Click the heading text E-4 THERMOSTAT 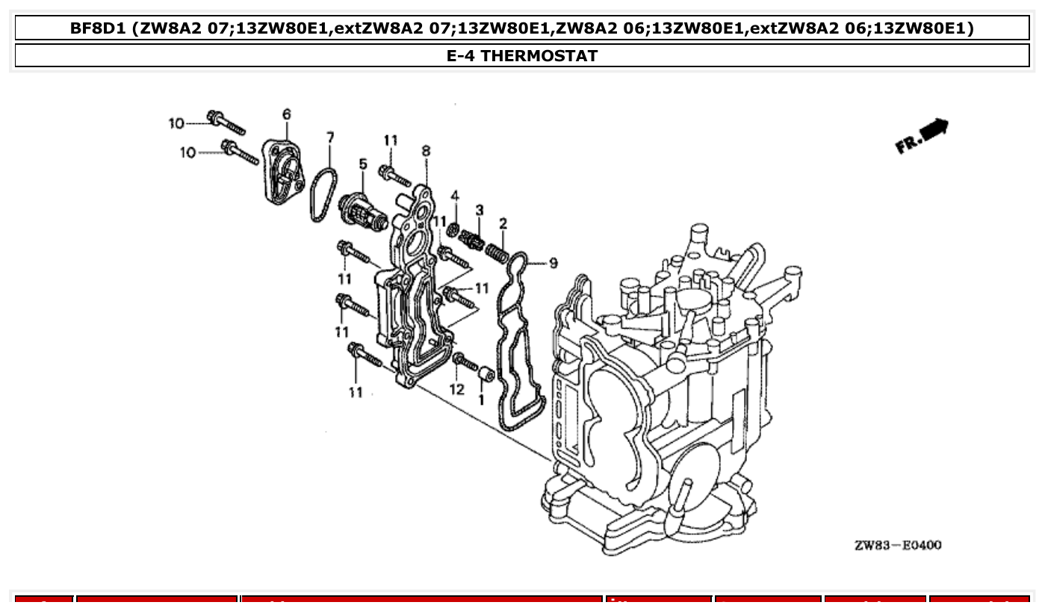click(x=522, y=56)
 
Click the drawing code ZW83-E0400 click(x=897, y=545)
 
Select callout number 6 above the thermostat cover click(x=286, y=114)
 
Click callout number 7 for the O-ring click(x=329, y=137)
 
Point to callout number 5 click(x=363, y=164)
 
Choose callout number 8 click(x=426, y=151)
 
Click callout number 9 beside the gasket click(x=553, y=263)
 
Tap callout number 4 click(x=454, y=196)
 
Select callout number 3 click(x=480, y=210)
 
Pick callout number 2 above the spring click(x=503, y=223)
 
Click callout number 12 click(x=457, y=389)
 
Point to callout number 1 click(x=481, y=400)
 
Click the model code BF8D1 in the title click(x=98, y=29)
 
